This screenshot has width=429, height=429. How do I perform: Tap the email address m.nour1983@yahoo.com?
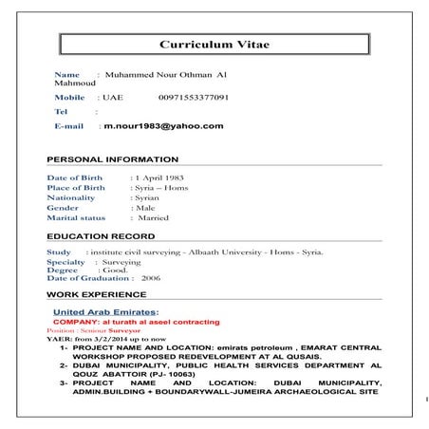163,125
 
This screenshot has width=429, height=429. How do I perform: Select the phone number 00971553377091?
194,98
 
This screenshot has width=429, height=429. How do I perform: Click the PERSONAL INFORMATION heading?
112,159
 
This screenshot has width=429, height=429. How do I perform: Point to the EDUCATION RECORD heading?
101,235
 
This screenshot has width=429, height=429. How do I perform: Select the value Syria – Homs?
160,188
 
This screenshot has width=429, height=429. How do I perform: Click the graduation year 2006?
150,279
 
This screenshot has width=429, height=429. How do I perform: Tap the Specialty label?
65,262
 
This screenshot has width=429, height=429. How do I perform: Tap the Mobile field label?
69,98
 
